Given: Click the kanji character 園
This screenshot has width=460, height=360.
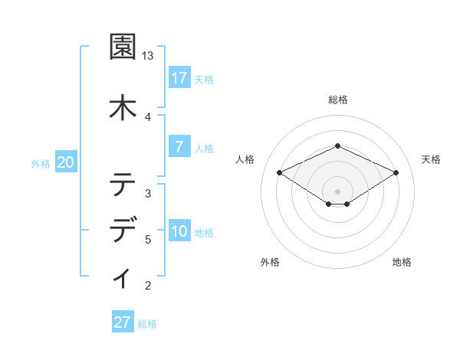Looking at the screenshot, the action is (122, 47).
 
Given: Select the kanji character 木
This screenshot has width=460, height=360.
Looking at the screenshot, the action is (122, 106).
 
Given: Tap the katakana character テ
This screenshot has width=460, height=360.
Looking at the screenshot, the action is (122, 185).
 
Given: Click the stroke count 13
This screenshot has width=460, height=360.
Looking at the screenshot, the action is (148, 56).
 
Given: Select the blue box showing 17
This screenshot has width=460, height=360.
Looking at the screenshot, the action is (179, 78).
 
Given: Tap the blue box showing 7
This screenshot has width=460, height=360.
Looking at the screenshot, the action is (179, 147).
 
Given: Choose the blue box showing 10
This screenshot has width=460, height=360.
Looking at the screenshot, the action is (179, 232).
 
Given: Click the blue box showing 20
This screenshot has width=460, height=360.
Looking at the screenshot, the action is (66, 162).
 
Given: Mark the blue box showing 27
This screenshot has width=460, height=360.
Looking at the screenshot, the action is (123, 322).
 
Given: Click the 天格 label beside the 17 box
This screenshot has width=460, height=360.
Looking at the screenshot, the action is (204, 79).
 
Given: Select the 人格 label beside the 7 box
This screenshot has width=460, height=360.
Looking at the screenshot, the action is (204, 148).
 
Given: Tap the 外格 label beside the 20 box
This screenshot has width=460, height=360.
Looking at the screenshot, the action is (40, 163).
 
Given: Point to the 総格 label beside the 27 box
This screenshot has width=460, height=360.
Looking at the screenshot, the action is (147, 323).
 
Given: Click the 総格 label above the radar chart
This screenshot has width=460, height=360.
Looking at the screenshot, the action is (338, 100).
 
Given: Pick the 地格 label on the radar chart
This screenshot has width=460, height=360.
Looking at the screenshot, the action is (402, 262).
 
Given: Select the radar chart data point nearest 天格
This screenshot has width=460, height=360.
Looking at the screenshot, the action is (396, 173).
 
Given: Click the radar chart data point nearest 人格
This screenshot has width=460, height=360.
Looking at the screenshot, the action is (279, 172).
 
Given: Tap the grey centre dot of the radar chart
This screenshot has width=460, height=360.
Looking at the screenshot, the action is (337, 191).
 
